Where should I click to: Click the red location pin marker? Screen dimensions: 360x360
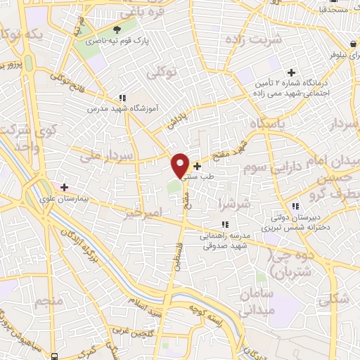[181, 165]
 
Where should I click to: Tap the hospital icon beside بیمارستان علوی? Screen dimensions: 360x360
[64, 187]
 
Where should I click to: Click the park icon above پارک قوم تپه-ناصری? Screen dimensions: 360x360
[117, 30]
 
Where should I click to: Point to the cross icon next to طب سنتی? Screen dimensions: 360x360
[196, 167]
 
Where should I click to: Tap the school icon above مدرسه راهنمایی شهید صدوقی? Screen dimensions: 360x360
[205, 224]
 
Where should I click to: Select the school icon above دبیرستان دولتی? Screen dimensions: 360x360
[296, 205]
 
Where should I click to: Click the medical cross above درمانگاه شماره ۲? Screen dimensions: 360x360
[291, 72]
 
